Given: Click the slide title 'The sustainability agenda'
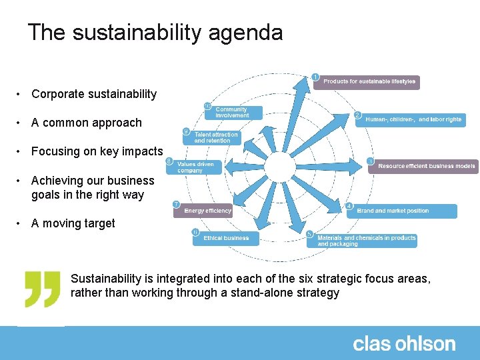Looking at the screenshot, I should (x=155, y=32).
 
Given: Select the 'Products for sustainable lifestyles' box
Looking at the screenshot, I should (x=370, y=82).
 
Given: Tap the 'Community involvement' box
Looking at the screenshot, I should (x=234, y=112).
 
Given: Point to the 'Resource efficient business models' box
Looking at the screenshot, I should (x=423, y=166).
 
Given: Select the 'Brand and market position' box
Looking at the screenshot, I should (x=402, y=211).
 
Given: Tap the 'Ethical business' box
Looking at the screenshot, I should (x=225, y=238).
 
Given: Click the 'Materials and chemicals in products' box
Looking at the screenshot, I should (x=363, y=241).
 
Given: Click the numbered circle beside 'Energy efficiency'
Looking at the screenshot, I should (x=176, y=203).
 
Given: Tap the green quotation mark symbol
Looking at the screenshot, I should (x=43, y=289).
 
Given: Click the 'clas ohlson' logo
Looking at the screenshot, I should (x=404, y=344).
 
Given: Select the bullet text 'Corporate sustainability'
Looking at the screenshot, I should (x=94, y=94).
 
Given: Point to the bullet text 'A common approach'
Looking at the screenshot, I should (x=87, y=123).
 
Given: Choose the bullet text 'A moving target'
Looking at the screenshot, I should (x=73, y=223).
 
